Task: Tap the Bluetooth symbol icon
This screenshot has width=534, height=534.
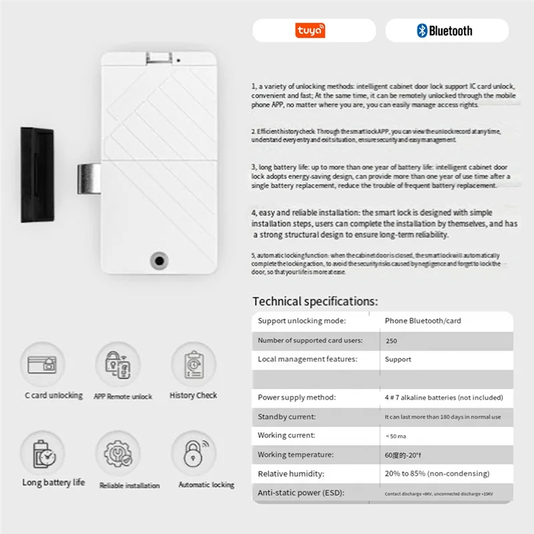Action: [422, 30]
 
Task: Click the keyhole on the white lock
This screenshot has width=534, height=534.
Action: [160, 260]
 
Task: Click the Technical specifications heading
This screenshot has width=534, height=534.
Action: [315, 302]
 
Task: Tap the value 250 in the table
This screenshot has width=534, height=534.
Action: [392, 340]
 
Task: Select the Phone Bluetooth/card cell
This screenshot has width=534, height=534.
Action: [423, 321]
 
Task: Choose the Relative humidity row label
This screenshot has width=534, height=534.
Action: [290, 474]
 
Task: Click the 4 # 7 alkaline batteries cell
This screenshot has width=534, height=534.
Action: [443, 397]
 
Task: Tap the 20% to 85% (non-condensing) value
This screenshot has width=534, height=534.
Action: [437, 474]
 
